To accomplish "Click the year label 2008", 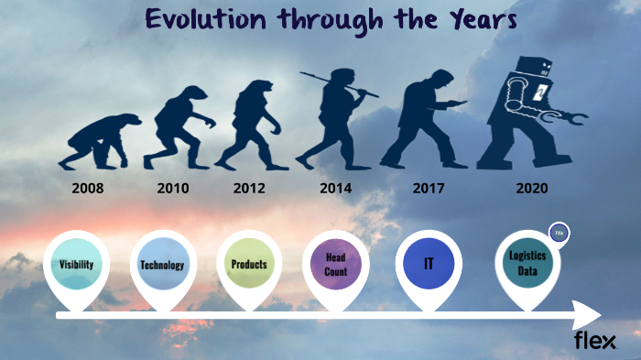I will (92, 190).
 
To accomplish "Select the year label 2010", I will (172, 190).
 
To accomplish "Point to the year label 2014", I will (336, 190).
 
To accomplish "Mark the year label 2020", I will (532, 190).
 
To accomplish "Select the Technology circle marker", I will (162, 265).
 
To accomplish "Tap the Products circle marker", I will (248, 264).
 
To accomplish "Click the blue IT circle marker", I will (428, 264).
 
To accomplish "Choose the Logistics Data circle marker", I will (527, 262).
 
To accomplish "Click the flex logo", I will (594, 341).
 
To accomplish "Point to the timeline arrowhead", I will (587, 315).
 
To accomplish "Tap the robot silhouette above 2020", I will (531, 115).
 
